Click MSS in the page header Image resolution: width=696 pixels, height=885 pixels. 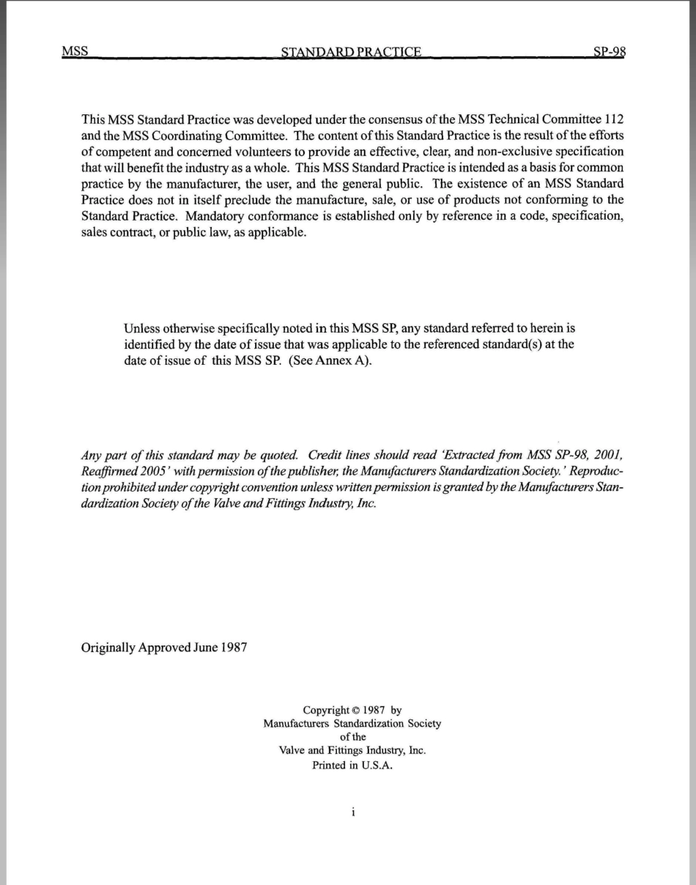coord(75,51)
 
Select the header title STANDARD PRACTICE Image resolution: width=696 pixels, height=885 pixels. coord(352,52)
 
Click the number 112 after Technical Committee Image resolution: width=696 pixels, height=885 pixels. coord(614,119)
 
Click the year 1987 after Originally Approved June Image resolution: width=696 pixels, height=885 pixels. coord(231,648)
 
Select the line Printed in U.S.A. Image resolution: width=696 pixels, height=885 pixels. coord(352,764)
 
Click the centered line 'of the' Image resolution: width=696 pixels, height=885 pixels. coord(352,737)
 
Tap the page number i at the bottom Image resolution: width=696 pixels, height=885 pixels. coord(352,812)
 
